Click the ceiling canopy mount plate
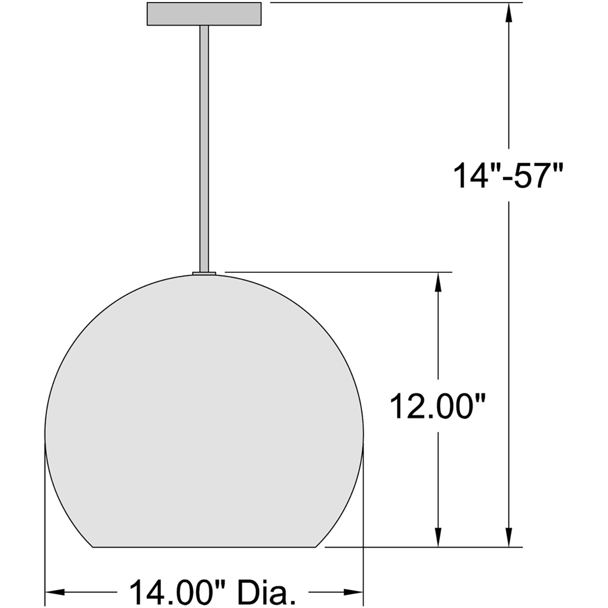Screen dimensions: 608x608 (203, 14)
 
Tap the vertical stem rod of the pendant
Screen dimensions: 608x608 (204, 147)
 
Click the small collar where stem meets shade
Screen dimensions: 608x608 (204, 272)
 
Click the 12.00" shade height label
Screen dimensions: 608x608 (438, 406)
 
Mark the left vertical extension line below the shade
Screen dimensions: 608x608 (44, 531)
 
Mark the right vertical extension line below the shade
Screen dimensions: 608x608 (363, 531)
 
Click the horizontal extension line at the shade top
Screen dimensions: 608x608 (339, 272)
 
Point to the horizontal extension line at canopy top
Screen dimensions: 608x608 (392, 2)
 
